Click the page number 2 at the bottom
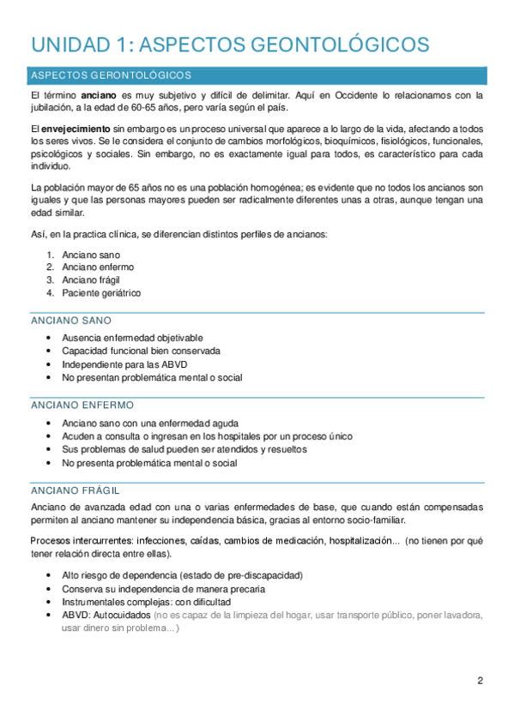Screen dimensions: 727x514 (480, 681)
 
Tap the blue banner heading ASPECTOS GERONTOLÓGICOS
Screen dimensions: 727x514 (111, 75)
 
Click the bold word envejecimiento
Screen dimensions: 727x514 (76, 127)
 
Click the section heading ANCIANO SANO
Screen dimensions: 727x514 (70, 321)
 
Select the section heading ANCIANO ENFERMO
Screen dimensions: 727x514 (82, 405)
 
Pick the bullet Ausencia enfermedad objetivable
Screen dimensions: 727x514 (132, 338)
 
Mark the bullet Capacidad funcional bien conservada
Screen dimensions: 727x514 (141, 351)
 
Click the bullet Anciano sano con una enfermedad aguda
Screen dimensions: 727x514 (150, 423)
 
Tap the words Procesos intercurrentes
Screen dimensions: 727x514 (82, 541)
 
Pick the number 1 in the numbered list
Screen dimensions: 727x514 (50, 255)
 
